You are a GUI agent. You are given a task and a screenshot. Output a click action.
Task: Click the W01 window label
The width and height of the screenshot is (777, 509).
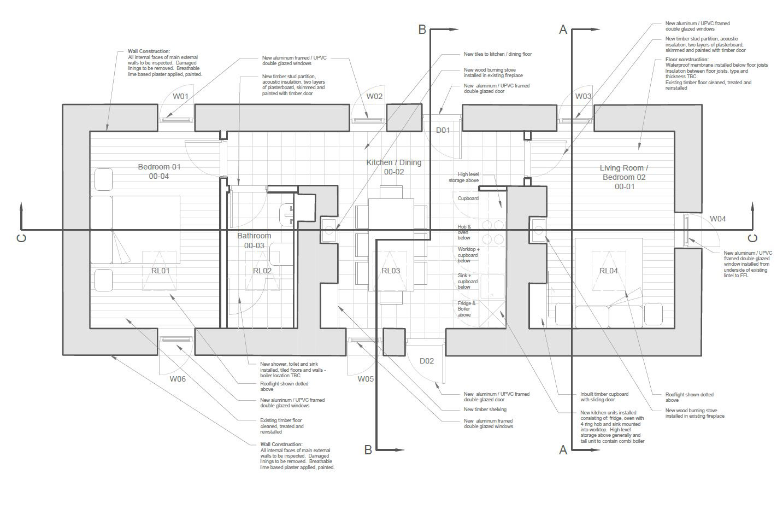pos(180,97)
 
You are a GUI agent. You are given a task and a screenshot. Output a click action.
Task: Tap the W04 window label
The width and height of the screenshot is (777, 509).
pos(717,219)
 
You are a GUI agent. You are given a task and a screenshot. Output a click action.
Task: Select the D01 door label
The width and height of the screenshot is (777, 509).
pos(443,130)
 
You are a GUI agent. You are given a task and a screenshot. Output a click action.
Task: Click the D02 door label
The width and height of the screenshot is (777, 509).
pos(427,361)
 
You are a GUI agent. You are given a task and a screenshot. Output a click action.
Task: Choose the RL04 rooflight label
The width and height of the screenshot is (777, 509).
pos(608,271)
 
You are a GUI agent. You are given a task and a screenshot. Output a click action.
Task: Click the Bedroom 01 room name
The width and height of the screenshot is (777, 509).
pos(159,167)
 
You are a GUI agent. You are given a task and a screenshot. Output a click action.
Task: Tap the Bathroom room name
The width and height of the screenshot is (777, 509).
pos(254,236)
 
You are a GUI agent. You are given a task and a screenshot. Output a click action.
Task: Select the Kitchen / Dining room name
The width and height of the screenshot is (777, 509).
pos(393,162)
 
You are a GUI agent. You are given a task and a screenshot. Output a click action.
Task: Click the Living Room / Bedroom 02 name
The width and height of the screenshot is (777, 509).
pos(624,173)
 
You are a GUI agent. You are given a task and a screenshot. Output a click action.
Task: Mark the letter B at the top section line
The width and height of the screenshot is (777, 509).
pos(422,29)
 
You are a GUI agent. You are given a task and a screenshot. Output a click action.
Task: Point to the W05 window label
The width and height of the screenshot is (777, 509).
pos(366,379)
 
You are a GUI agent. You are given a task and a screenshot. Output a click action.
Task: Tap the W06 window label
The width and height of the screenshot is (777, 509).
pos(178,379)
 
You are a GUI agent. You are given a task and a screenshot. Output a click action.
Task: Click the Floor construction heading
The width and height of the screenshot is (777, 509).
pos(687,59)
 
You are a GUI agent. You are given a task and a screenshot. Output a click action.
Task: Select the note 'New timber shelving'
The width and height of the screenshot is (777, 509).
pos(485,409)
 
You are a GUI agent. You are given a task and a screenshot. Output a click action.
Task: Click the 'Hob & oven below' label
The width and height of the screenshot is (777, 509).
pos(464,232)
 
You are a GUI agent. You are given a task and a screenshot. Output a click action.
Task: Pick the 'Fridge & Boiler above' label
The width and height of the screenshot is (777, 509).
pos(466,309)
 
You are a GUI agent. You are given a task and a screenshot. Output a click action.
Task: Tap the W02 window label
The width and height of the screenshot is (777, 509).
pos(374,97)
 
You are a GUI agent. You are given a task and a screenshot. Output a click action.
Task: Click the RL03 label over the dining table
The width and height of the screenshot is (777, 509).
pos(391,271)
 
